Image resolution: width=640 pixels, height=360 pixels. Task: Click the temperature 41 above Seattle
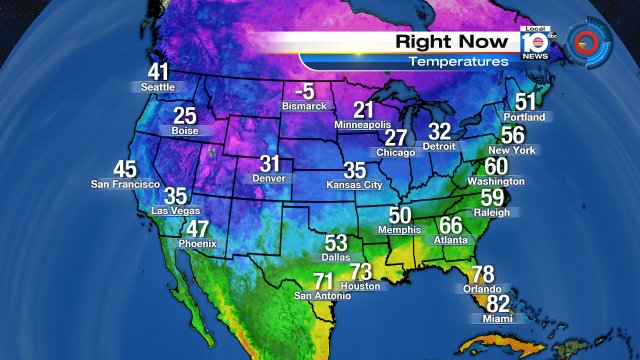coord(158,73)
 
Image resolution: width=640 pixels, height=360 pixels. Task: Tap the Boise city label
coord(184,130)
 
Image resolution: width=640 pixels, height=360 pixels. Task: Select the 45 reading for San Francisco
coord(125,169)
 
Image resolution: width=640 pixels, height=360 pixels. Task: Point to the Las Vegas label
coord(175,211)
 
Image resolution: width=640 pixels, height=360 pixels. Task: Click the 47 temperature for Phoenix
coord(198,228)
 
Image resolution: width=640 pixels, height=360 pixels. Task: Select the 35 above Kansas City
coord(355,171)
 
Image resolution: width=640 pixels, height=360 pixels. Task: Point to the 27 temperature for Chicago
coord(397,138)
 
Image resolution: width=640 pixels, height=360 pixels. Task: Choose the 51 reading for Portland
coord(526,102)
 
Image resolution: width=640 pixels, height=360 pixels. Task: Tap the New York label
coord(519,150)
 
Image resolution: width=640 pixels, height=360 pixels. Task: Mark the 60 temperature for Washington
coord(496,166)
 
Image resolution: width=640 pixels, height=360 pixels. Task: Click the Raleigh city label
coord(492,213)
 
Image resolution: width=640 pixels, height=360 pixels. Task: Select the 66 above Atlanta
coord(451,225)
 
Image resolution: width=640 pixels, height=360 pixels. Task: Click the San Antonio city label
coord(323,296)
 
